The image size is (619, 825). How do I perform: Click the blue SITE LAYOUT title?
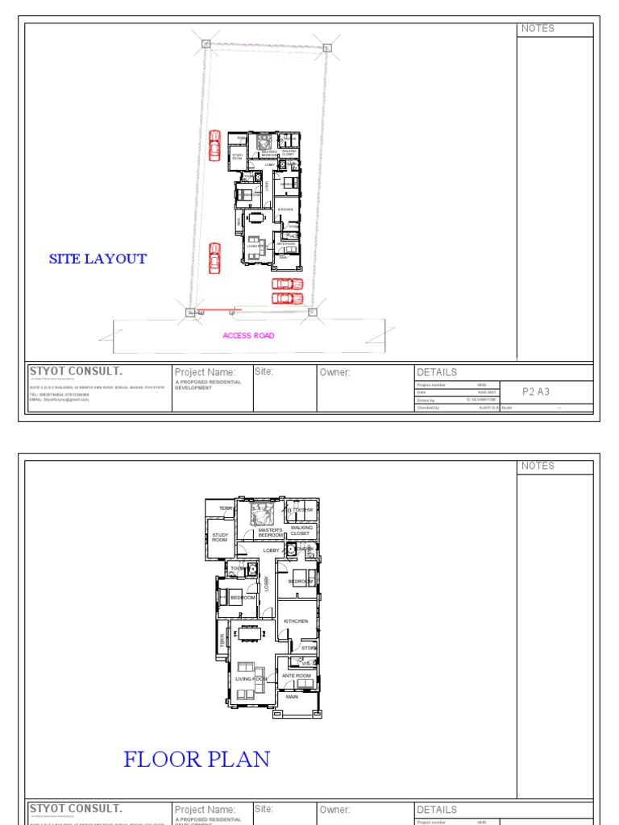(98, 259)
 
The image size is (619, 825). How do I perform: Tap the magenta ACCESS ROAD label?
(248, 335)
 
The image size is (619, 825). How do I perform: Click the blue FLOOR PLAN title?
(197, 759)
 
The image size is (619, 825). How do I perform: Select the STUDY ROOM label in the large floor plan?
(220, 537)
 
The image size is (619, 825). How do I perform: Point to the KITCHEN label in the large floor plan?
(296, 621)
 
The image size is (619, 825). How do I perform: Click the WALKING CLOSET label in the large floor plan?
(301, 530)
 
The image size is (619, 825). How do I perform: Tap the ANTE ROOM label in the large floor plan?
(297, 675)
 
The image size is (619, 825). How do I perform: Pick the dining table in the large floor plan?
(250, 632)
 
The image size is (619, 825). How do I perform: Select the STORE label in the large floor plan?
(309, 647)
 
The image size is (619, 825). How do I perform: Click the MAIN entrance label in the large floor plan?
(292, 696)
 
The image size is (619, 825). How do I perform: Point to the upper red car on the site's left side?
(214, 146)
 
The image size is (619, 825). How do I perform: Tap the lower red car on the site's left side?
(214, 258)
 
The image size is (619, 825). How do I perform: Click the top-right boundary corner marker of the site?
(326, 48)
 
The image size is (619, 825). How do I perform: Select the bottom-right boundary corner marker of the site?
(313, 312)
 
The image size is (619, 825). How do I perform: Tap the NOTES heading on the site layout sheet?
(538, 29)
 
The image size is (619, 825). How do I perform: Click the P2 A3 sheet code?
(536, 392)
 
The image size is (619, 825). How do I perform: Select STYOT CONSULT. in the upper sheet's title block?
(76, 371)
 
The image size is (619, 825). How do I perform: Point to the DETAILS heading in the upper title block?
(437, 372)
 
